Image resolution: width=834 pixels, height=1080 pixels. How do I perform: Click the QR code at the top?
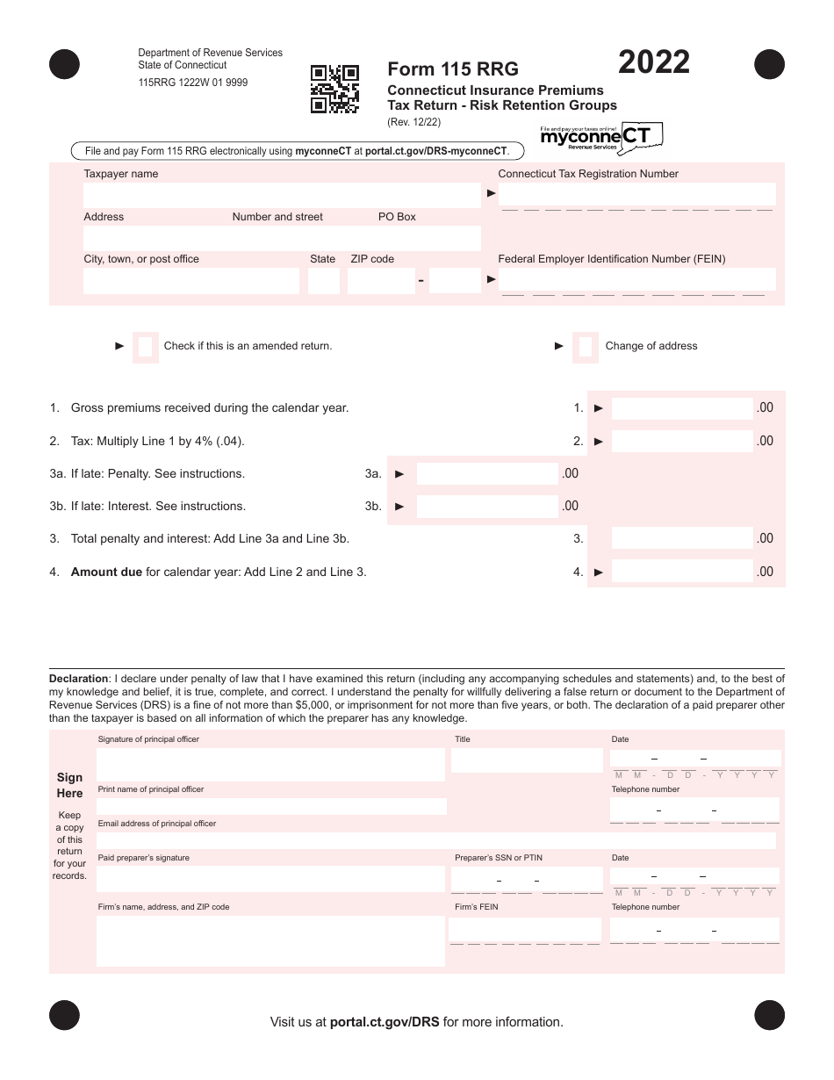tap(334, 89)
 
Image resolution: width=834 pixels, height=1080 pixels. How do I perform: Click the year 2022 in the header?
tap(654, 63)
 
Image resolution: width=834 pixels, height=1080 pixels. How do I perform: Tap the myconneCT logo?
tap(600, 137)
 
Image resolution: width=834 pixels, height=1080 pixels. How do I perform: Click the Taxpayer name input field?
tap(282, 195)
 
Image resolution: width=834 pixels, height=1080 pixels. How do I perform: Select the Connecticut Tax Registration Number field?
tap(636, 194)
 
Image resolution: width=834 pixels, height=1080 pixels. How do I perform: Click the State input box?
tap(323, 281)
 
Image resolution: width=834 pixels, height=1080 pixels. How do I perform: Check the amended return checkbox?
tap(146, 346)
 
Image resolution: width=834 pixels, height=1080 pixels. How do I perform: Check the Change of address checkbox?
tap(586, 346)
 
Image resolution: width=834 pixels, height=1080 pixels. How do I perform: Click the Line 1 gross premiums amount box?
tap(682, 408)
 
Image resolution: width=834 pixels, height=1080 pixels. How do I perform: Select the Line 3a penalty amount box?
tap(487, 474)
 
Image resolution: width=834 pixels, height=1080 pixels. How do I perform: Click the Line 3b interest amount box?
tap(487, 507)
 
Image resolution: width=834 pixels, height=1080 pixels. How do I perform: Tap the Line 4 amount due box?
tap(682, 572)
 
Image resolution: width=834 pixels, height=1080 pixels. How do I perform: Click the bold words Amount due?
tap(106, 572)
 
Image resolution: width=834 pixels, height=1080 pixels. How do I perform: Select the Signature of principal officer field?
tap(270, 764)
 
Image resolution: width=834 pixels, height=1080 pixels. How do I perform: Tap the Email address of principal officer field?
tap(435, 841)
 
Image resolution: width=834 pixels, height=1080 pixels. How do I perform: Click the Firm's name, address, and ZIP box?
tap(270, 940)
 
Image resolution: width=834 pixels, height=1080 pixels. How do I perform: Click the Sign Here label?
tap(69, 785)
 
